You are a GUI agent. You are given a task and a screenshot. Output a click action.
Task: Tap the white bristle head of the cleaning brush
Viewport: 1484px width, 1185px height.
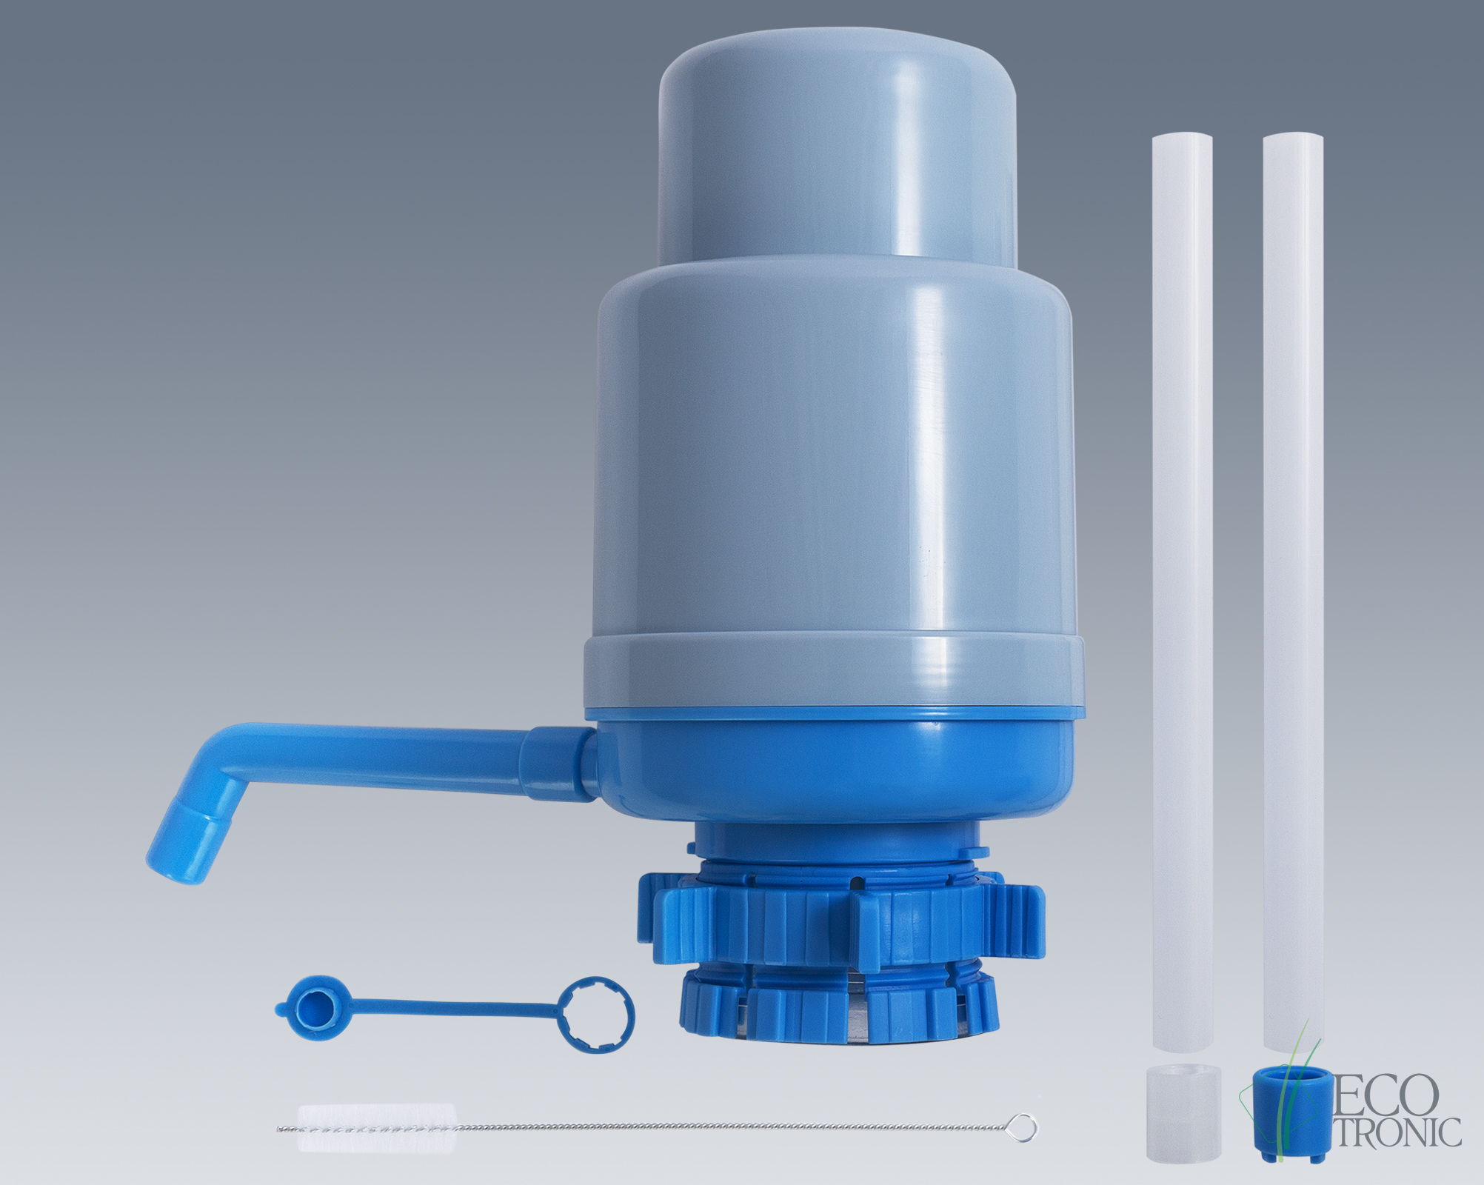pyautogui.click(x=377, y=1127)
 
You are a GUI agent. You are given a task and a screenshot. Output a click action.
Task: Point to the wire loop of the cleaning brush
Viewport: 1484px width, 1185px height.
pyautogui.click(x=1023, y=1126)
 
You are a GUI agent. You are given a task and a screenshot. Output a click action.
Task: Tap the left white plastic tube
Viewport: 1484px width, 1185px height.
pyautogui.click(x=1182, y=592)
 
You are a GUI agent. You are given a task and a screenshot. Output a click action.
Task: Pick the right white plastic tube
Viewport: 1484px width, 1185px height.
pyautogui.click(x=1293, y=592)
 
